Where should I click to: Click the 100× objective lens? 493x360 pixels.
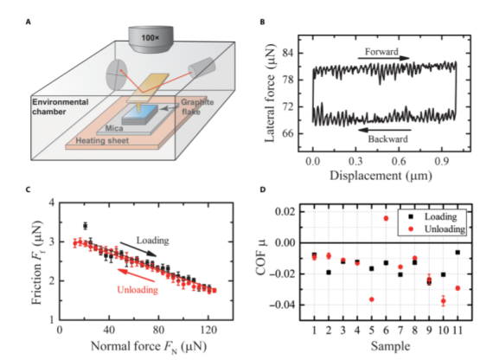point(150,39)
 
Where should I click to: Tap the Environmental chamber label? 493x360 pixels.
point(60,106)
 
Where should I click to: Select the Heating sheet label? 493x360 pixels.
point(102,140)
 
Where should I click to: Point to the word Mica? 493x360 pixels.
point(114,128)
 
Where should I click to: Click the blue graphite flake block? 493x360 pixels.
point(140,114)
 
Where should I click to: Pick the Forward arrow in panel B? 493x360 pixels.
point(383,58)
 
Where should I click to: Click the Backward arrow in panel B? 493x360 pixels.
point(384,130)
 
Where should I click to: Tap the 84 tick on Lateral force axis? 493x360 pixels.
point(288,53)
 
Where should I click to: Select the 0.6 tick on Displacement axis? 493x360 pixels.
point(399,161)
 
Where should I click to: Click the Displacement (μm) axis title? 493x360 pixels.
point(381,176)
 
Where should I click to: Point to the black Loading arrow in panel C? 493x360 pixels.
point(138,249)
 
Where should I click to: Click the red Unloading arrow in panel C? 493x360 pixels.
point(136,274)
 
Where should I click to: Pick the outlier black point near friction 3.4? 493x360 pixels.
point(86,226)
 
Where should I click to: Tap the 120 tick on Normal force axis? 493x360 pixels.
point(208,330)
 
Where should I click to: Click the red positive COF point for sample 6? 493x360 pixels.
point(386,218)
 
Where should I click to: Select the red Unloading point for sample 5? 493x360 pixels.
point(372,299)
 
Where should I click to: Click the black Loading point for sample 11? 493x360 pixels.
point(458,253)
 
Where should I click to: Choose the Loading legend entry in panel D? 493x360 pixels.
point(432,216)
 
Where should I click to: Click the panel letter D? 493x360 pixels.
point(263,190)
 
